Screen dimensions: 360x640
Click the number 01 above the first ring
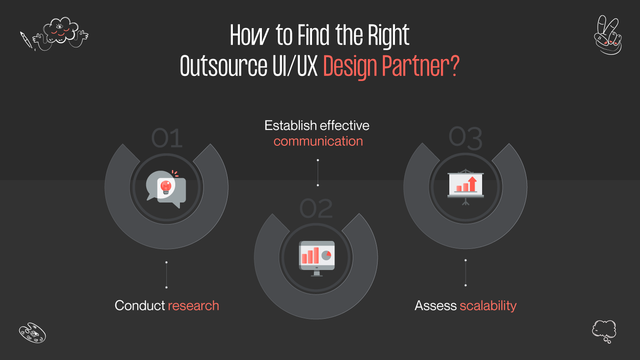pos(167,139)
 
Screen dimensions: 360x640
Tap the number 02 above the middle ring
pos(316,209)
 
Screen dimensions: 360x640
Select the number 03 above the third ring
pos(465,138)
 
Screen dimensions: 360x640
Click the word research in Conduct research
pos(193,306)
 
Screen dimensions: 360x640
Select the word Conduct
pos(140,306)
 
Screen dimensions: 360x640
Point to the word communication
pos(318,141)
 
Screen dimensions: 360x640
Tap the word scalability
pos(488,306)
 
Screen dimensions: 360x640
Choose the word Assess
pos(435,306)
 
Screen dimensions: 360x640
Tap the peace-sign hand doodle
pos(608,35)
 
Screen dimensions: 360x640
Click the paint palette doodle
pos(32,332)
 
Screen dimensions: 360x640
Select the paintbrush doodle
pos(26,40)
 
